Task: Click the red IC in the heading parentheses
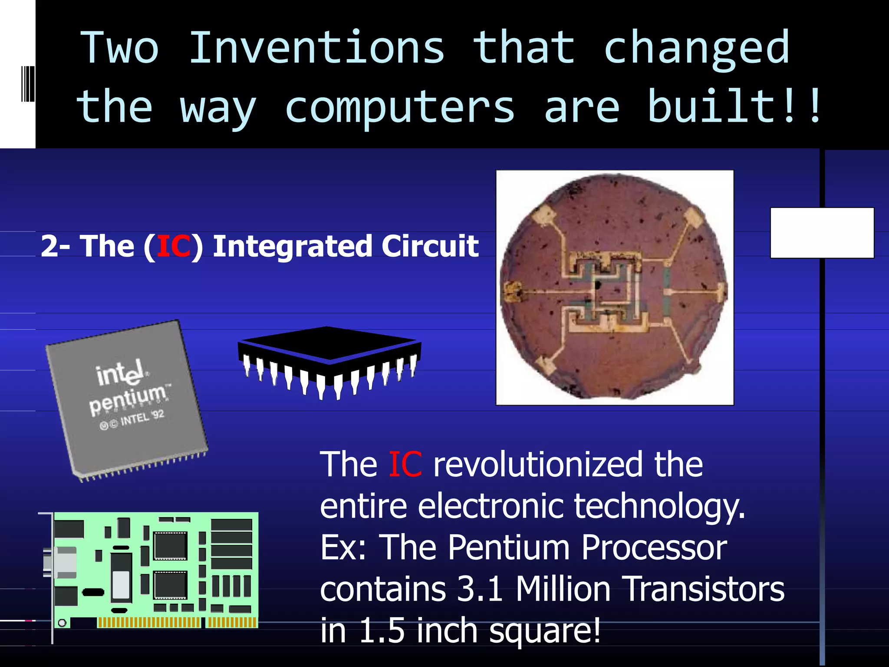tap(173, 246)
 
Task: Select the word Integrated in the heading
tap(291, 246)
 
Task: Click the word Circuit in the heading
tap(430, 246)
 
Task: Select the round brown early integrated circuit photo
tap(614, 287)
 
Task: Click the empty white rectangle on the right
tap(822, 233)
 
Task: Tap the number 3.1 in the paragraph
tap(480, 589)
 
